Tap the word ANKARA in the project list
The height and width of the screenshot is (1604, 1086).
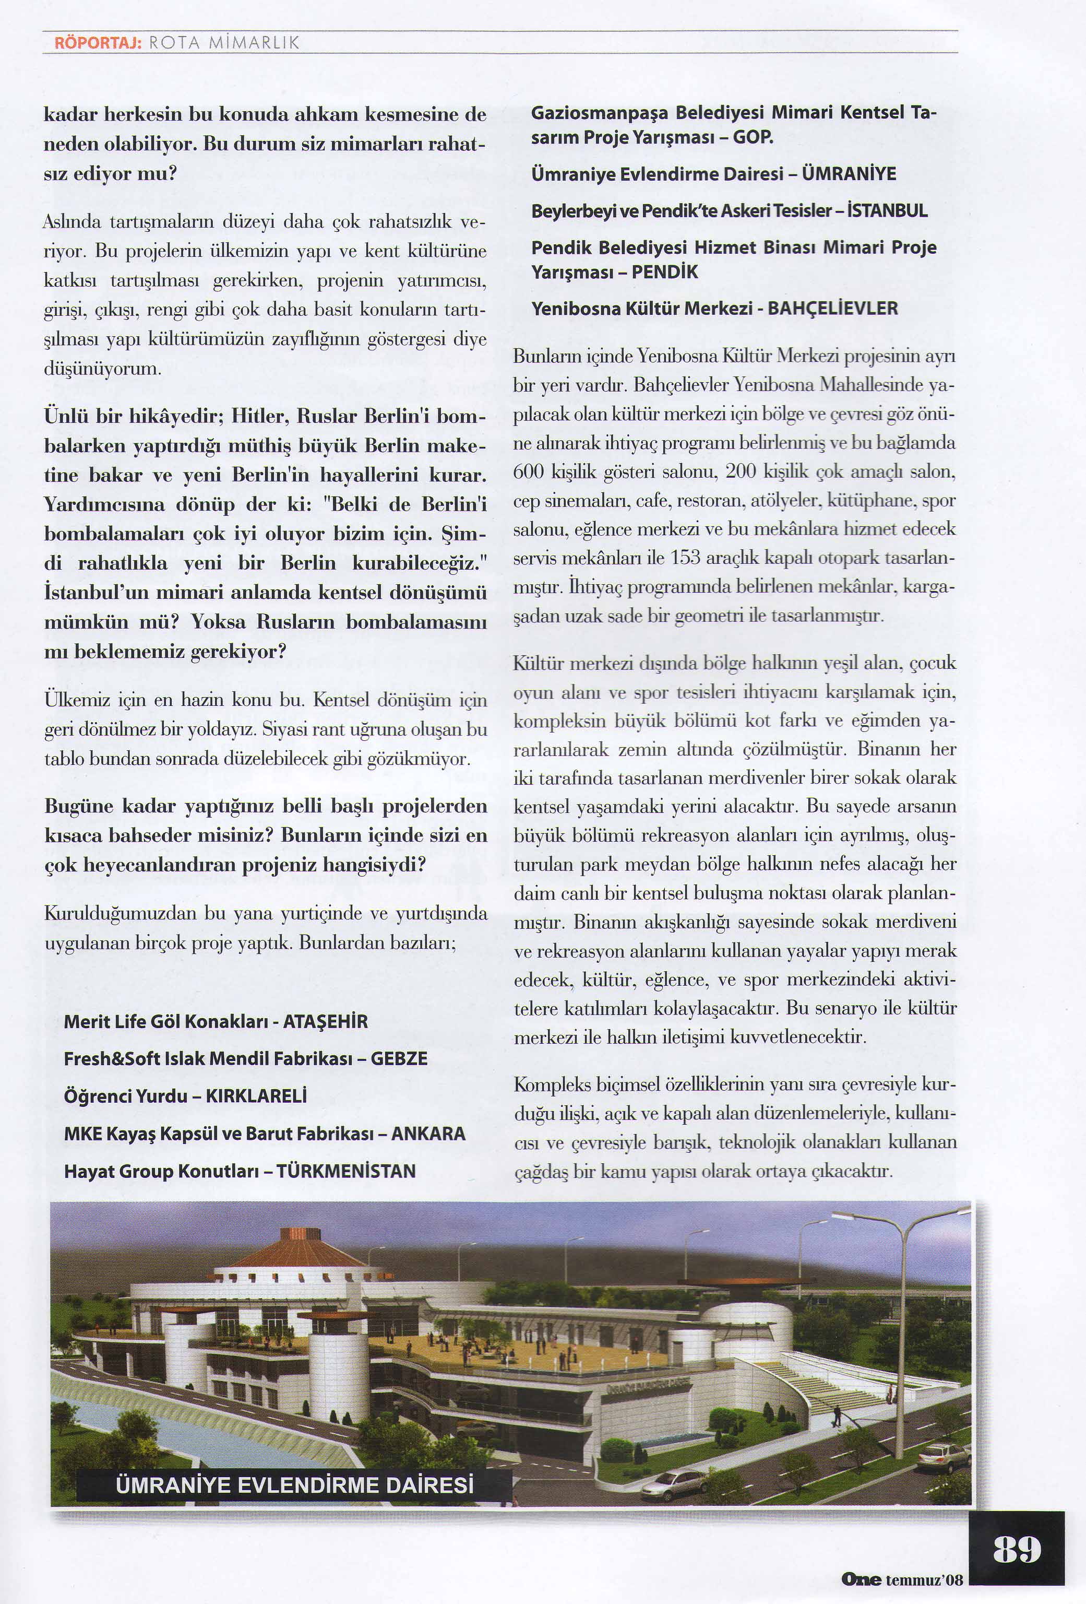[428, 1133]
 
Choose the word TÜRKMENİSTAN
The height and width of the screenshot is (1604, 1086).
[347, 1171]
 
